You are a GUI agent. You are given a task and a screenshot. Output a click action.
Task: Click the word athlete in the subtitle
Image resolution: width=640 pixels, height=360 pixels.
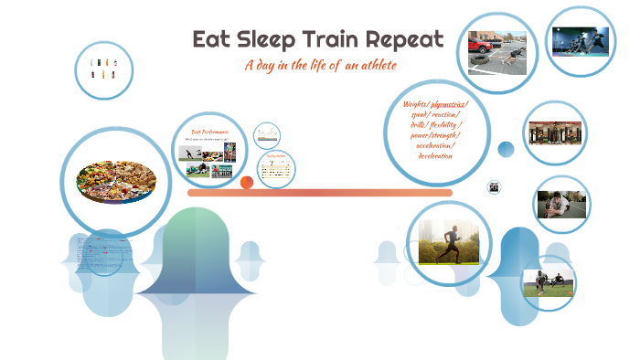coord(375,66)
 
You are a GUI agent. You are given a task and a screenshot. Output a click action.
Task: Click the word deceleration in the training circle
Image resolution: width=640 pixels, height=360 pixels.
coord(435,155)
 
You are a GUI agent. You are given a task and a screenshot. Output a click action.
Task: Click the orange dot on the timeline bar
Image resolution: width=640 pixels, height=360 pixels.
coord(246,183)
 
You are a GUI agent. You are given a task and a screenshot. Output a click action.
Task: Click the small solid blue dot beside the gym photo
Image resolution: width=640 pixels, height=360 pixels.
coord(506,149)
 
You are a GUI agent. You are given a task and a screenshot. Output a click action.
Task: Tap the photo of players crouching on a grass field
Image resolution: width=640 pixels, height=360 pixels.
coord(549,282)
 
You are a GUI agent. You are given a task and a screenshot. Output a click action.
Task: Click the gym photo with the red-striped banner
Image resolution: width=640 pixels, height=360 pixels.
coord(555,132)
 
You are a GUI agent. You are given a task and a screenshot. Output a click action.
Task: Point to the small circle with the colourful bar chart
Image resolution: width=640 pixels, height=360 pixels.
coord(267,136)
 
